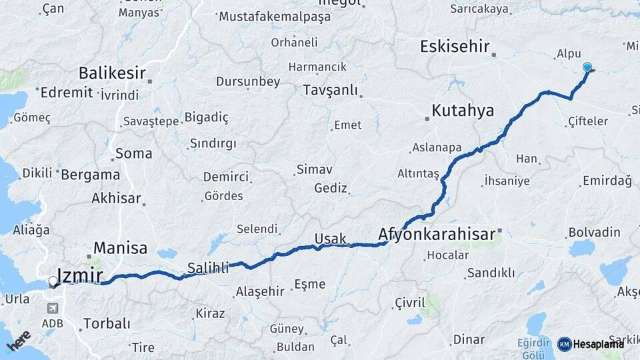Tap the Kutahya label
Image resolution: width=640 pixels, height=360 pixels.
[463, 111]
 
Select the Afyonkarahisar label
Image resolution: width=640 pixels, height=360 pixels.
[437, 234]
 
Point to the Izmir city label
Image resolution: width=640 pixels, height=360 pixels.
[81, 275]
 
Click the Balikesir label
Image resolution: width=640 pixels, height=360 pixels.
[112, 72]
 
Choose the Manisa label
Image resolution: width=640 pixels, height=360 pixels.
[120, 248]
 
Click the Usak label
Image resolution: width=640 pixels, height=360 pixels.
[330, 239]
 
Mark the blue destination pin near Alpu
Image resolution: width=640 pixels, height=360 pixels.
[587, 67]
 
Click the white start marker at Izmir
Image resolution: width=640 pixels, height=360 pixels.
[53, 281]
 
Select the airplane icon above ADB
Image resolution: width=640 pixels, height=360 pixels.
[53, 309]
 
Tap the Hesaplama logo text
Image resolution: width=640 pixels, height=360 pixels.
[598, 344]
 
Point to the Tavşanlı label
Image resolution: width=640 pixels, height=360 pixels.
[330, 90]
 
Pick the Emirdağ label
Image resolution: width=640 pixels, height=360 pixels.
[607, 181]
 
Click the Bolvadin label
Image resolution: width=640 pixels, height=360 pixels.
[594, 233]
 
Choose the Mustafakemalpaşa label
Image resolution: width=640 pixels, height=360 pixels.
[275, 17]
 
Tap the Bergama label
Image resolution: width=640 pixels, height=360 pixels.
[91, 175]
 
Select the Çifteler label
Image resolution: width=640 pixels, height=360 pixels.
[588, 121]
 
